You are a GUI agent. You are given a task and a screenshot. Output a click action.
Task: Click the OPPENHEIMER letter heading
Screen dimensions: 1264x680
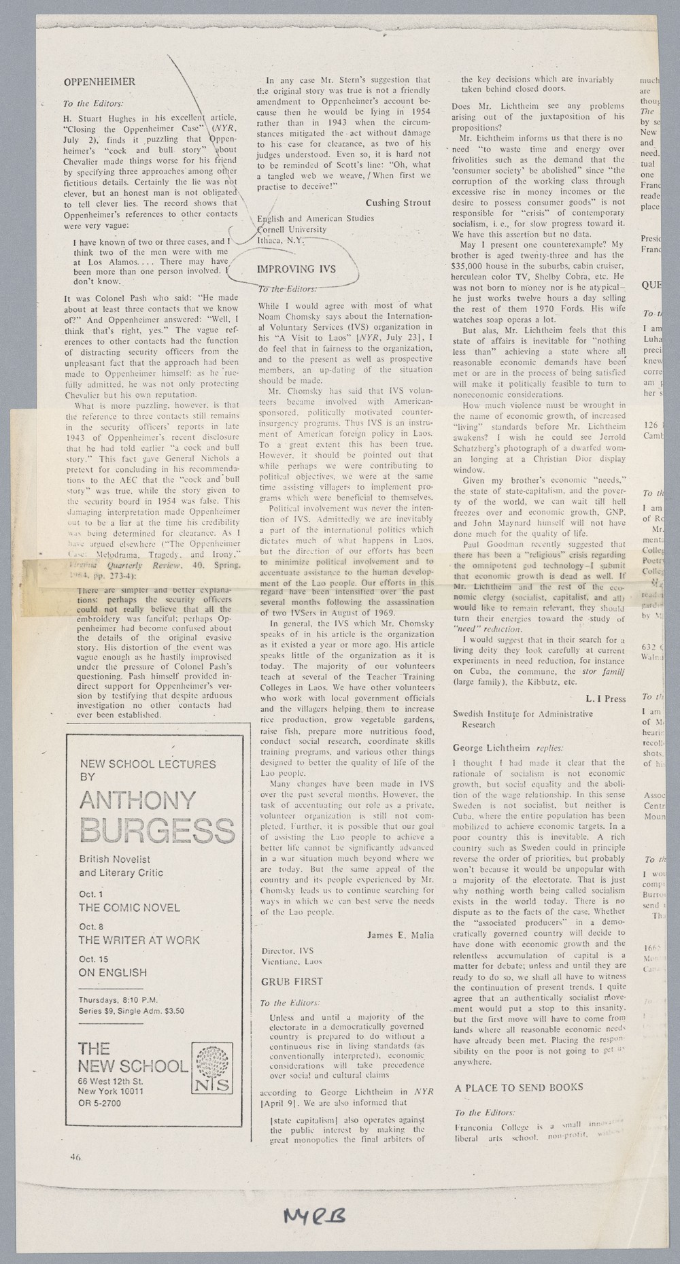[99, 82]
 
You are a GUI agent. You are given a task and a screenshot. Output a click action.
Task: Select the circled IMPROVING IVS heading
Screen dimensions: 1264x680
[296, 269]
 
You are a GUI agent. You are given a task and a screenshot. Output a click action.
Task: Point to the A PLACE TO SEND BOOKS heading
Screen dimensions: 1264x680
[519, 1087]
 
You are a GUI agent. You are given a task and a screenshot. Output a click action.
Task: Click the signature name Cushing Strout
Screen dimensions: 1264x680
[398, 203]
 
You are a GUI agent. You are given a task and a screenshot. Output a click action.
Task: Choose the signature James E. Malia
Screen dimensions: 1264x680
[400, 935]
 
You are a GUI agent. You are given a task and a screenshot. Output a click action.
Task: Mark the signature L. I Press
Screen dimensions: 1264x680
[605, 698]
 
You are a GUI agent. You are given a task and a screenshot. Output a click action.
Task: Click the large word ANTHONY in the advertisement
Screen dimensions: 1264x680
[137, 800]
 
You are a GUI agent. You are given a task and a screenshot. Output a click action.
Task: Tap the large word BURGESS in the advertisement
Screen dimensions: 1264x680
[156, 830]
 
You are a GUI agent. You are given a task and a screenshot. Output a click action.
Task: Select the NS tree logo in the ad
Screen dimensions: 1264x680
[212, 1068]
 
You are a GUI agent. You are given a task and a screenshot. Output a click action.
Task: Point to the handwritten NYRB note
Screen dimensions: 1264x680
[313, 1216]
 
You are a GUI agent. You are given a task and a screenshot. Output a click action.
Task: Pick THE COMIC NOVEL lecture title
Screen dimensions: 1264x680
[129, 908]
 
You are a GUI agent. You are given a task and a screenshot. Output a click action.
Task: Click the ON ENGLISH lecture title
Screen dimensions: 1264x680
[112, 972]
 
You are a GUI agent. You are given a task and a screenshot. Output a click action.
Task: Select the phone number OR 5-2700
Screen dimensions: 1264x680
[99, 1102]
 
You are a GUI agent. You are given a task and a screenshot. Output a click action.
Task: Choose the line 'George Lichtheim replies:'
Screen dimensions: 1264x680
[508, 748]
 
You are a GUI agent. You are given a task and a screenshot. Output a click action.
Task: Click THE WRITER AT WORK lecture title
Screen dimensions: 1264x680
[139, 940]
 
